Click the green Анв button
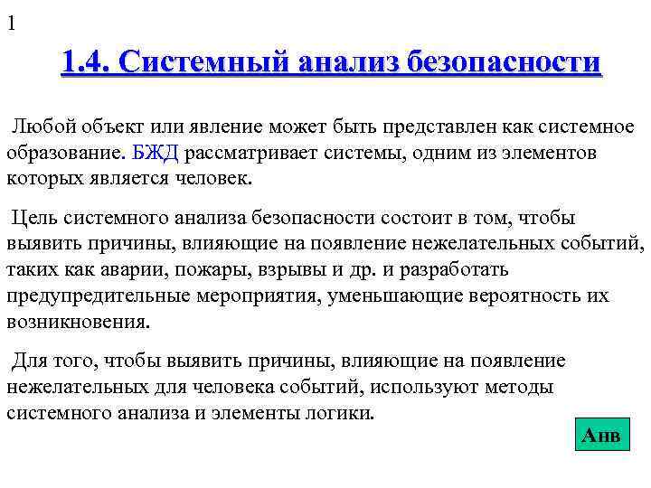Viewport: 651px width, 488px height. click(x=600, y=436)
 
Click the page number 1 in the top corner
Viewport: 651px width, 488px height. click(x=11, y=24)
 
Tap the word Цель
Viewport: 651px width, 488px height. click(x=33, y=218)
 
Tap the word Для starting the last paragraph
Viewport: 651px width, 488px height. click(x=30, y=361)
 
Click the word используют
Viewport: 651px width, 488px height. click(x=419, y=387)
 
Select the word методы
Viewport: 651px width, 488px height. click(x=514, y=387)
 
